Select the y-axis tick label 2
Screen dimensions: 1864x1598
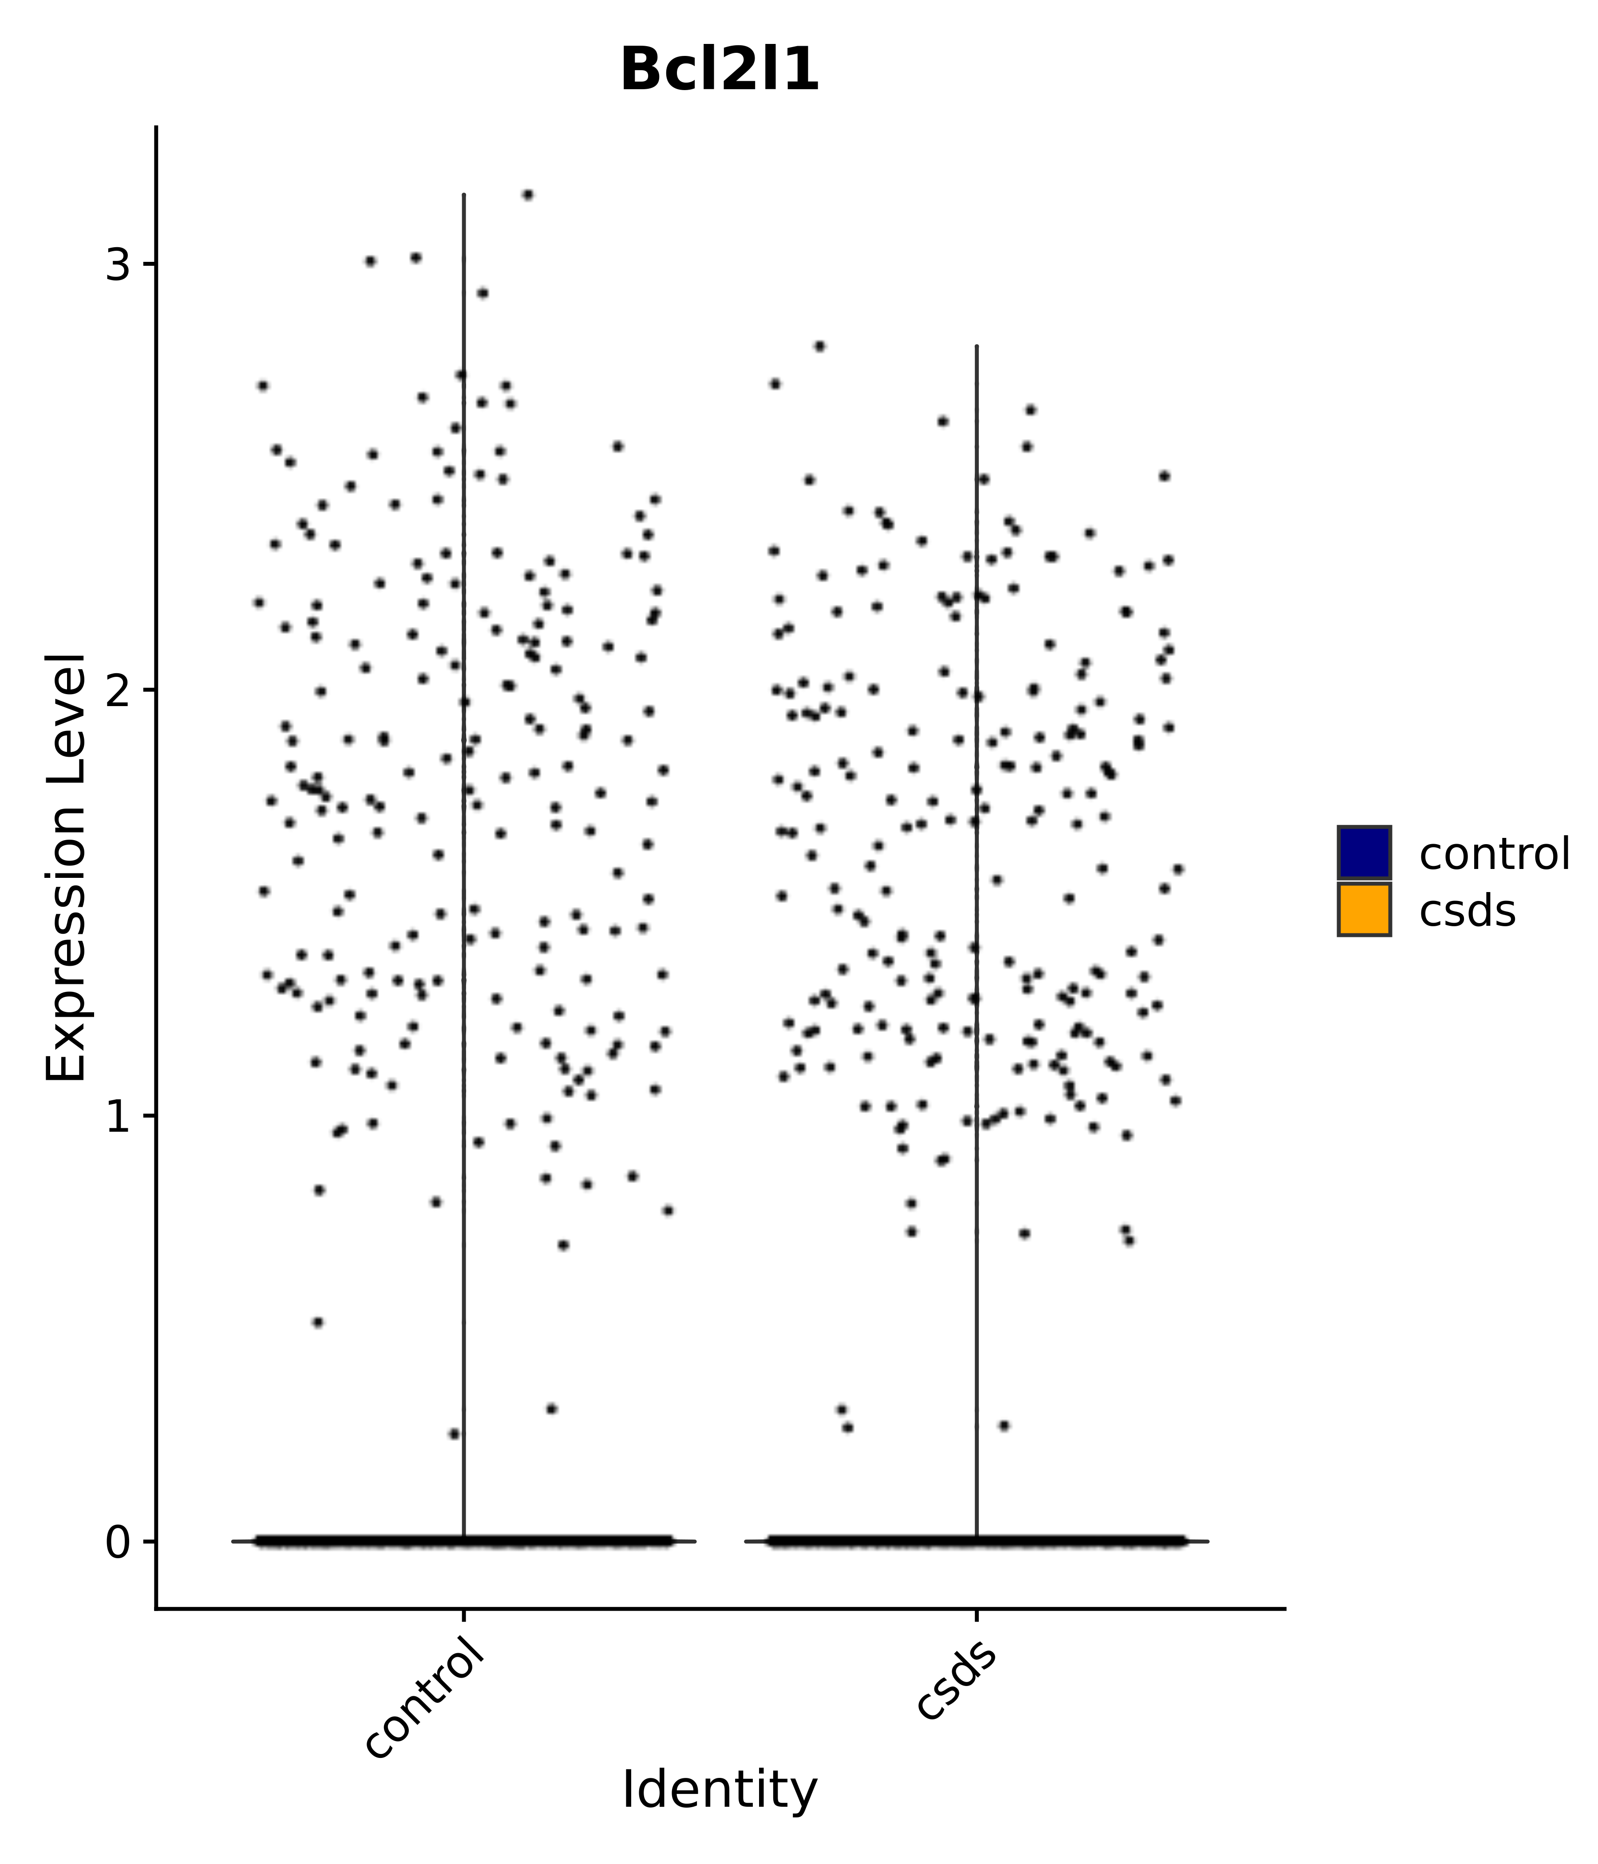pyautogui.click(x=118, y=691)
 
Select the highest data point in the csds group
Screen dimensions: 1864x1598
pyautogui.click(x=819, y=346)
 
